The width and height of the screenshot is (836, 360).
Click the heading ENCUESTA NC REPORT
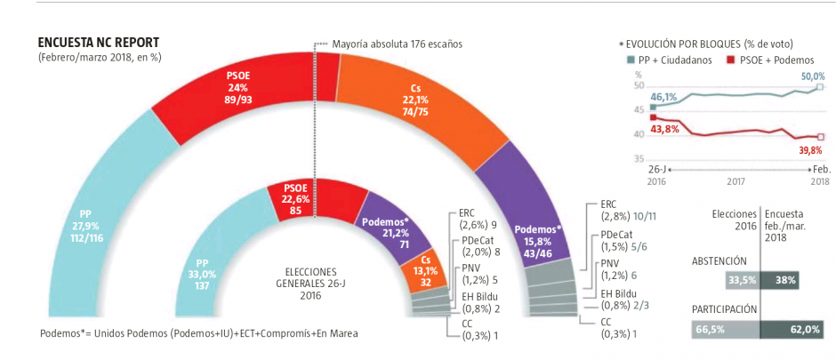click(98, 43)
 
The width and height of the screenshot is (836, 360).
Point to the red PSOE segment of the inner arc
click(315, 200)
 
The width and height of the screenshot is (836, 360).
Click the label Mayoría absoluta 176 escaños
click(397, 44)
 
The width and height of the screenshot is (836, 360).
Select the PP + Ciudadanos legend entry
click(667, 60)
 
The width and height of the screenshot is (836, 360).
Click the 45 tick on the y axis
click(639, 111)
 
